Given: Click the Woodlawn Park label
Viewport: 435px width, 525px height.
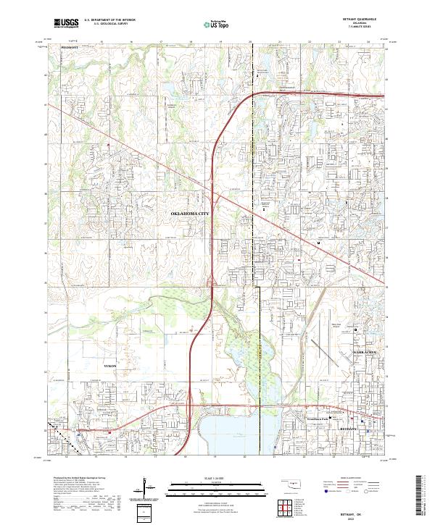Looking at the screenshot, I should [319, 419].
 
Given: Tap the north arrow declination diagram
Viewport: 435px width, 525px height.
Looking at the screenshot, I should [144, 489].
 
